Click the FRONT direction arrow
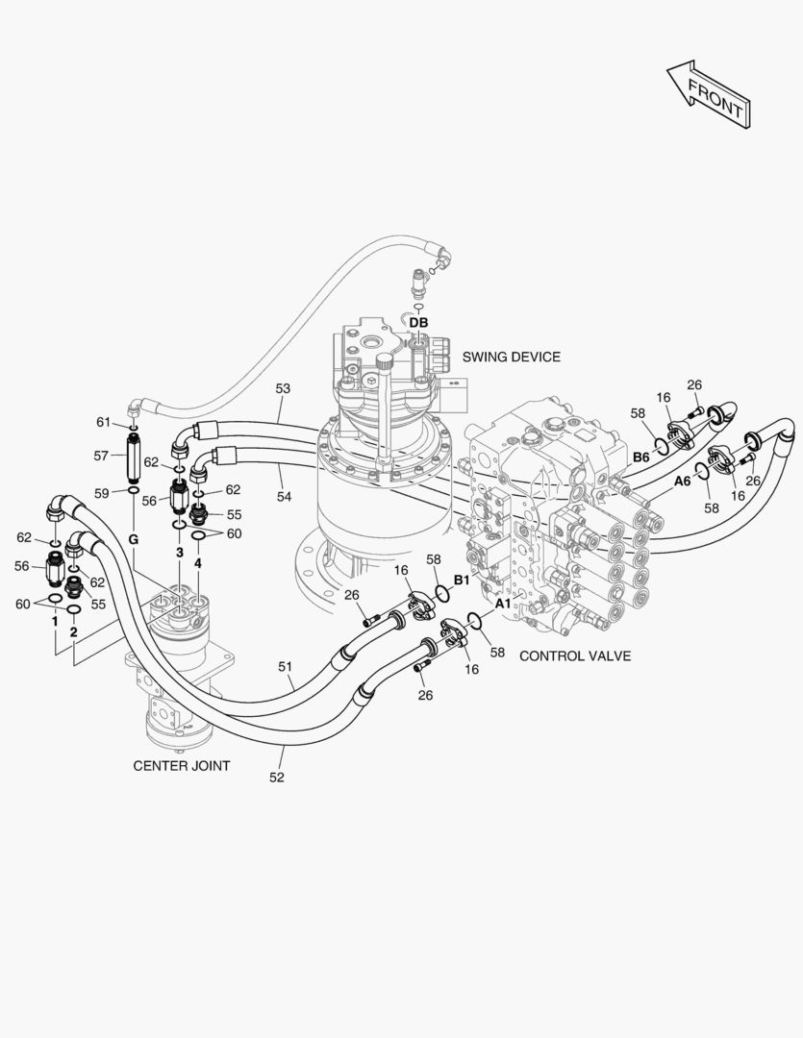click(x=709, y=94)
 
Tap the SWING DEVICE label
click(x=511, y=357)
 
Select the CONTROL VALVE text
click(x=575, y=656)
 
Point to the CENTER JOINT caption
click(x=182, y=766)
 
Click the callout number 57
click(x=101, y=456)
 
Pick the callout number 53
click(x=283, y=388)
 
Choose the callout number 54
click(x=284, y=496)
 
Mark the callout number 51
click(x=285, y=667)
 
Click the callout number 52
click(x=276, y=778)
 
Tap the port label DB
click(x=418, y=322)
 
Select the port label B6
click(x=641, y=457)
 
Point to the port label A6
click(x=683, y=482)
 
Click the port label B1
click(x=462, y=580)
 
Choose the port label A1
click(x=504, y=603)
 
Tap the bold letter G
click(x=133, y=539)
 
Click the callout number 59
click(x=101, y=493)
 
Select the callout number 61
click(x=103, y=422)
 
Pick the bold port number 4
click(x=197, y=563)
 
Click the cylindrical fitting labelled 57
click(x=133, y=457)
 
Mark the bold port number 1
click(x=55, y=622)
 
